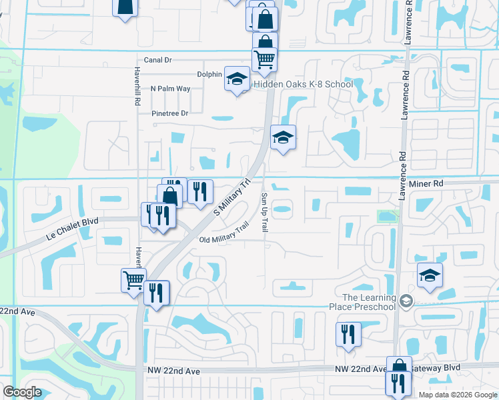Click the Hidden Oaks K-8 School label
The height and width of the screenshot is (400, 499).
tap(302, 85)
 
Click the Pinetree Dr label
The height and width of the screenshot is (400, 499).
tap(169, 113)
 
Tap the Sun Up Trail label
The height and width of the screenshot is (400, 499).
tap(264, 213)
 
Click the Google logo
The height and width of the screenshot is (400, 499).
tap(22, 392)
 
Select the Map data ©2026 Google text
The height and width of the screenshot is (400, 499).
tap(458, 394)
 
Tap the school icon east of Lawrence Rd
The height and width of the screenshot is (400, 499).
tap(430, 275)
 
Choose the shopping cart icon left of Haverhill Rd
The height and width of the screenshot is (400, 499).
tap(133, 279)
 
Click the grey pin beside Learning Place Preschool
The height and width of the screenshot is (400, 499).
tap(405, 302)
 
